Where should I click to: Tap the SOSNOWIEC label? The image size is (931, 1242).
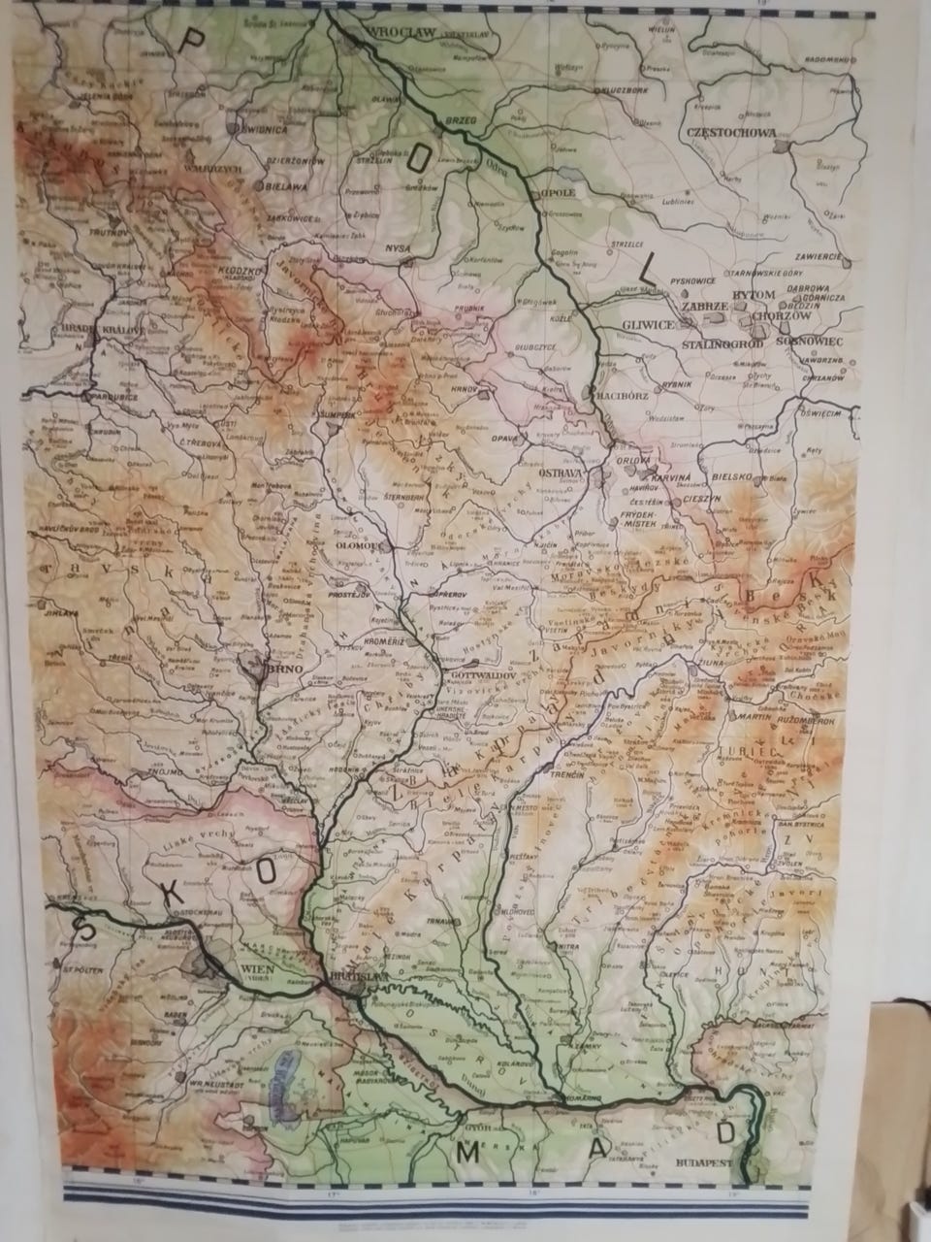coord(817,343)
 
